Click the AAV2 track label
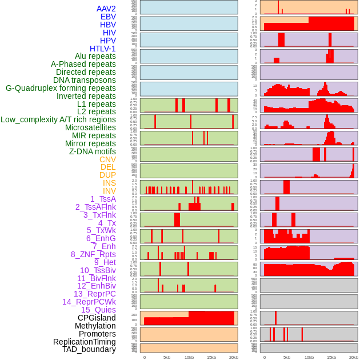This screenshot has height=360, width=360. [x=106, y=9]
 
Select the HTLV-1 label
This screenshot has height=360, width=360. [x=102, y=49]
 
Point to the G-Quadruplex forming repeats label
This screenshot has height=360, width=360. [x=61, y=88]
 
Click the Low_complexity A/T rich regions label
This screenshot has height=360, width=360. [x=58, y=119]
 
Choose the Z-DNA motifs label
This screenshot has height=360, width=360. [x=92, y=151]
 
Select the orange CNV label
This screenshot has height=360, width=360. [x=107, y=159]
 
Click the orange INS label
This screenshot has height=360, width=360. [x=109, y=183]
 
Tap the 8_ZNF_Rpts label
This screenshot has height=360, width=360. [x=93, y=254]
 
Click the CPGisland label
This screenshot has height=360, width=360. [x=97, y=318]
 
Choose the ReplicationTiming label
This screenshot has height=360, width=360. [x=85, y=342]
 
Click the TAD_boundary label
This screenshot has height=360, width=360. [x=89, y=349]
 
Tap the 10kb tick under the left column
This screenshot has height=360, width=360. [x=189, y=357]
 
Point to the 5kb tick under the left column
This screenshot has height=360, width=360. [x=166, y=357]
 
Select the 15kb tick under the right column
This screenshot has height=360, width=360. [x=331, y=357]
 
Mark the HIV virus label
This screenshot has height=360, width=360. [x=109, y=33]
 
